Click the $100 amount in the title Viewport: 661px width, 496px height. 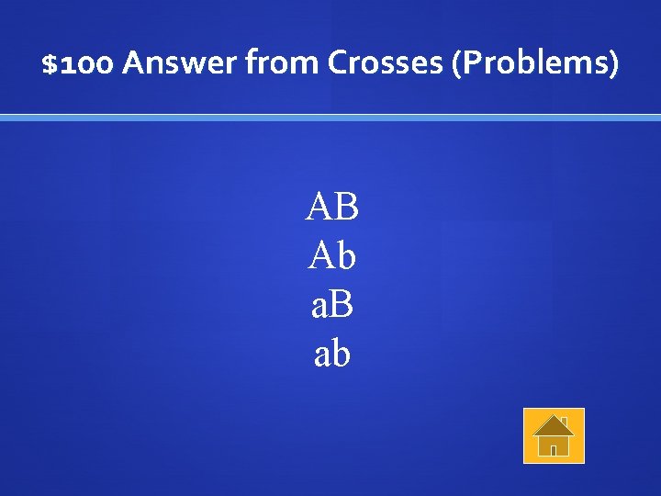pyautogui.click(x=77, y=64)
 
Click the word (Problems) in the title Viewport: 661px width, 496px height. pyautogui.click(x=534, y=64)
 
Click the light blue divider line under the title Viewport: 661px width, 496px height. pyautogui.click(x=330, y=118)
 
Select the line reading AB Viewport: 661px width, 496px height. pyautogui.click(x=332, y=207)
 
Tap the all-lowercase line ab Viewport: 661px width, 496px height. pyautogui.click(x=332, y=354)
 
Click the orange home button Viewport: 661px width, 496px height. pyautogui.click(x=554, y=435)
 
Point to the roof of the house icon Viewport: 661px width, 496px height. pyautogui.click(x=554, y=425)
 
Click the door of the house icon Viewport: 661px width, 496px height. pyautogui.click(x=554, y=448)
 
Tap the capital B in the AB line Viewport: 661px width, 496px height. pyautogui.click(x=346, y=207)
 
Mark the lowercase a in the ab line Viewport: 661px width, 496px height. pyautogui.click(x=322, y=355)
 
